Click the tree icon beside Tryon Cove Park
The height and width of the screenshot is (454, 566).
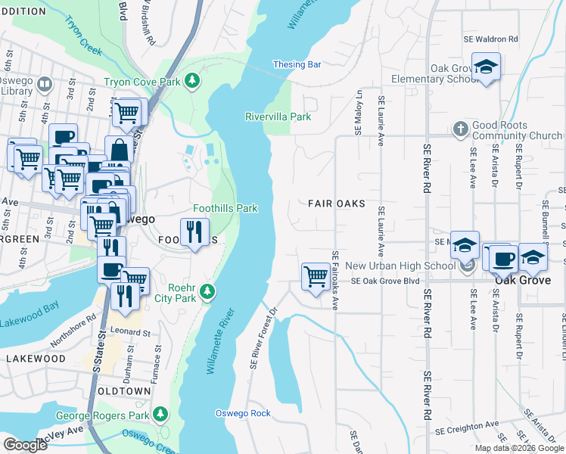coord(193,79)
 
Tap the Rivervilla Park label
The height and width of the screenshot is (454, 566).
coord(278,117)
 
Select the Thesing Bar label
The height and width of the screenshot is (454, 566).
coord(297,65)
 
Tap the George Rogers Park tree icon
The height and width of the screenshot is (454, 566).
coord(160,414)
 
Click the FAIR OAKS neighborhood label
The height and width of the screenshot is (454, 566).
coord(336,204)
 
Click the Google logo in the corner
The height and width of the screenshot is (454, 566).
coord(25,445)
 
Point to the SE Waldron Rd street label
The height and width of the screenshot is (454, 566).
coord(491,39)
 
